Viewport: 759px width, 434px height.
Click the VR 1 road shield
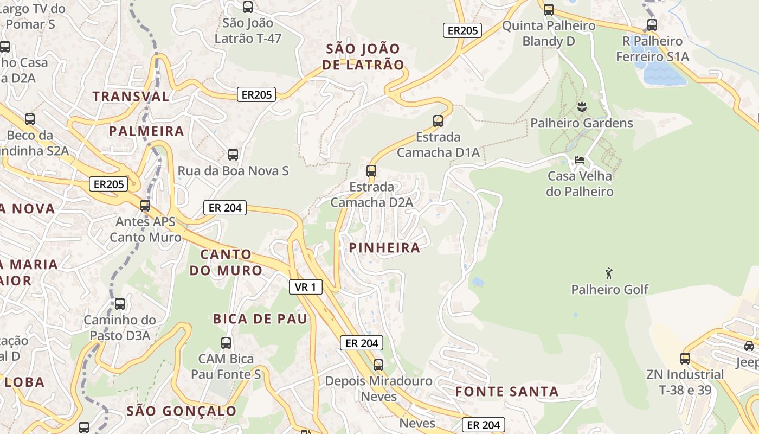306,287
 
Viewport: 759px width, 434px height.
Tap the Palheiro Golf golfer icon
609,273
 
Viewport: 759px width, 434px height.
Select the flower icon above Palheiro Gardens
582,107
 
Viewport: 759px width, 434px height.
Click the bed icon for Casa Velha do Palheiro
580,160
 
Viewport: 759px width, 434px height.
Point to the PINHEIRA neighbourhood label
385,248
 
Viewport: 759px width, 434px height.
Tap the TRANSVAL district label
131,97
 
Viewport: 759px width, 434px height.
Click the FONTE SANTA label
507,392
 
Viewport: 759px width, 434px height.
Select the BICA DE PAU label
260,319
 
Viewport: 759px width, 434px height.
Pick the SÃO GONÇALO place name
182,411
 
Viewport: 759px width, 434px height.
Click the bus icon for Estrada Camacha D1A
438,120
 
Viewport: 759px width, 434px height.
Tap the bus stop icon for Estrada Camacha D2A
371,170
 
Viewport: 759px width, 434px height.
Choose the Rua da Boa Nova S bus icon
233,154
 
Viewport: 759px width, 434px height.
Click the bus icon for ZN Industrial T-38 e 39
685,358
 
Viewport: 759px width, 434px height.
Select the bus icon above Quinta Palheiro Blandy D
549,9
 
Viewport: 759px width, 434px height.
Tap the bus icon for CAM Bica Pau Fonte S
226,342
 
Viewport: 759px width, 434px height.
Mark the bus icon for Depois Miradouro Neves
378,365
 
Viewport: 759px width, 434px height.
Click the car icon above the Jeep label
749,346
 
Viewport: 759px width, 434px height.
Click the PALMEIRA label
146,131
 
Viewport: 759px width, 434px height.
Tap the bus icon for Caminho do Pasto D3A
120,304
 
